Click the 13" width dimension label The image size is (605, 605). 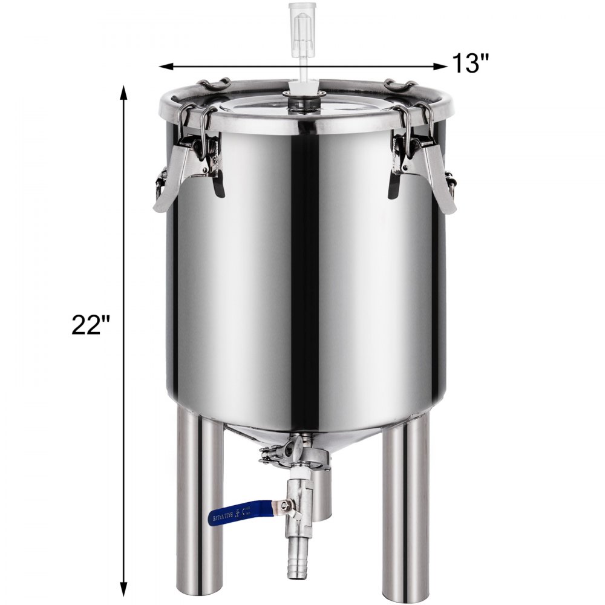tap(470, 62)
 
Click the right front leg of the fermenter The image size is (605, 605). tap(405, 508)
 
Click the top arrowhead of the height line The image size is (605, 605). tap(125, 92)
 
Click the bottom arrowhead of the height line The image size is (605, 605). tap(125, 590)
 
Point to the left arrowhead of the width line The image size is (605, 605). tap(165, 65)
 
